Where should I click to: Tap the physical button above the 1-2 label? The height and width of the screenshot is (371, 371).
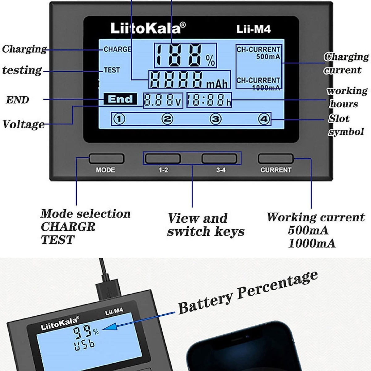click(x=163, y=159)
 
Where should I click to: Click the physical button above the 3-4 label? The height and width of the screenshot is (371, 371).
click(x=219, y=159)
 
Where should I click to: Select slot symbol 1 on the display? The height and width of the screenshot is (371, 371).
click(x=119, y=119)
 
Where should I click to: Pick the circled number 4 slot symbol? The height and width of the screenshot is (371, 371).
click(x=264, y=119)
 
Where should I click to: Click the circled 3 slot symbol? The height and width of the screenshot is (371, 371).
click(x=215, y=119)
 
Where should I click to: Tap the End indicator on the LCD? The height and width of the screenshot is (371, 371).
click(x=120, y=99)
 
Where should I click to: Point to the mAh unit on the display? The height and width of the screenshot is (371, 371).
click(x=217, y=84)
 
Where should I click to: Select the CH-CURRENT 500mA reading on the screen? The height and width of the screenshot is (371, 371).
click(x=258, y=53)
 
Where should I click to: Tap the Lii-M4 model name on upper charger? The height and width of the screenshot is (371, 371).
click(x=254, y=29)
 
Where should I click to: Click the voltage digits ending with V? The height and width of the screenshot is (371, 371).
click(x=163, y=100)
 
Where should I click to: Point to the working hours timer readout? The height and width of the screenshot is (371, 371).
click(x=209, y=100)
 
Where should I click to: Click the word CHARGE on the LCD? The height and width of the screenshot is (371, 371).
click(x=117, y=49)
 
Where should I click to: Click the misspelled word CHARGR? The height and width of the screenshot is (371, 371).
click(x=68, y=227)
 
